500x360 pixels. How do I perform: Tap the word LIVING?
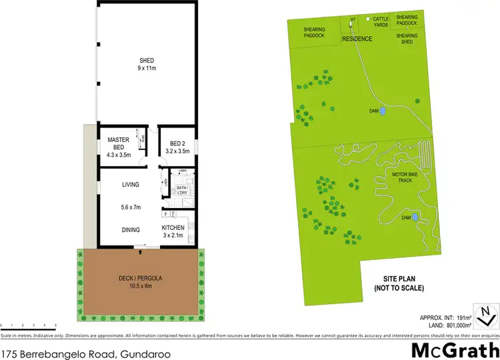tap(131, 185)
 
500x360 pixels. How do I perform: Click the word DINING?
tap(131, 230)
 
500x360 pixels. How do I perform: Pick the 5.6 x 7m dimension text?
tap(131, 207)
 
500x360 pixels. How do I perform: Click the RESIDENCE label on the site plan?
tap(357, 39)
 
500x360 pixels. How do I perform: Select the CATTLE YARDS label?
tap(381, 22)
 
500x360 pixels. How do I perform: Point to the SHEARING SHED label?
tap(407, 39)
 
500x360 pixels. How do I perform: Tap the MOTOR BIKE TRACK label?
tap(405, 179)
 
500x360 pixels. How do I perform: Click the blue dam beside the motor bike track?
tap(415, 217)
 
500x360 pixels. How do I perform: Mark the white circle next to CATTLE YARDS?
tap(369, 19)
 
